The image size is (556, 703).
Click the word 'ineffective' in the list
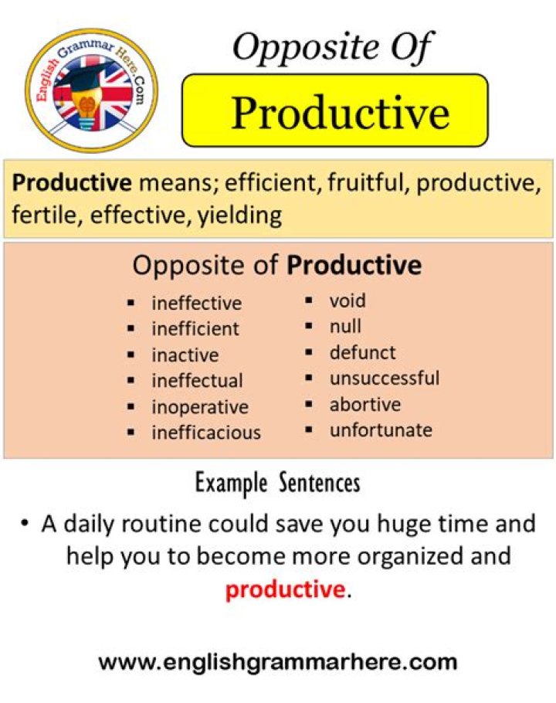pos(197,304)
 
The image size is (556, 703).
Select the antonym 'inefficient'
pos(195,329)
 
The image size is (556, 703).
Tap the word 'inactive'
pos(185,355)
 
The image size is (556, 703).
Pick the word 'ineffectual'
pos(197,381)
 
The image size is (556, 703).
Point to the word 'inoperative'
pos(200,407)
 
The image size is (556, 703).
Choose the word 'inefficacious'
pos(206,433)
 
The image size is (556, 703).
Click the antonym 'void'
pos(347,301)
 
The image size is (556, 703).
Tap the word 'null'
pos(345,326)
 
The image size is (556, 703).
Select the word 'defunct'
pos(362,352)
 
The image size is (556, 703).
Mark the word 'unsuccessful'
pos(385,378)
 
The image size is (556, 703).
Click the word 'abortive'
pos(365,404)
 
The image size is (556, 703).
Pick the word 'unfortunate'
pos(381,430)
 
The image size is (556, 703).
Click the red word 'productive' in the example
pos(285,589)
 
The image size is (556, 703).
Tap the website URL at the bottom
pos(278,662)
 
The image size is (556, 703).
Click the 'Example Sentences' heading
pos(278,484)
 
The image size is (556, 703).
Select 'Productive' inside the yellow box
pos(341,113)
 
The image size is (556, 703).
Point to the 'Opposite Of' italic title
pos(332,47)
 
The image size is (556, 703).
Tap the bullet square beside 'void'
pos(308,301)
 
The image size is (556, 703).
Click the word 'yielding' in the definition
pos(239,215)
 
